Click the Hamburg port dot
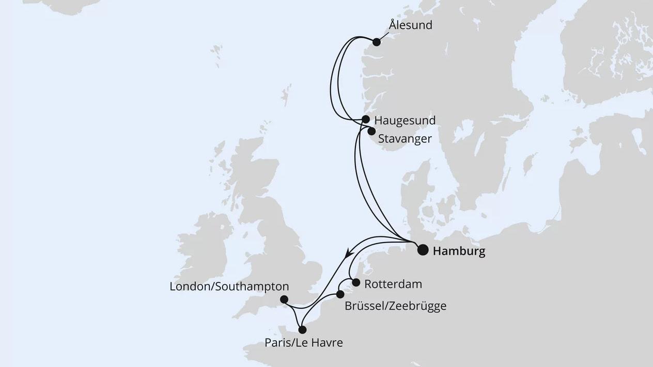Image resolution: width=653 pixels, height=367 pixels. tap(423, 250)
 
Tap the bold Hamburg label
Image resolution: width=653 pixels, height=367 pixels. tap(459, 251)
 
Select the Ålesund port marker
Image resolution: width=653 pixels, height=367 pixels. tap(377, 42)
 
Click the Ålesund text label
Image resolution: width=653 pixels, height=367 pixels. tap(411, 25)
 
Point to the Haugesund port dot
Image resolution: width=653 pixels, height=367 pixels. tap(366, 119)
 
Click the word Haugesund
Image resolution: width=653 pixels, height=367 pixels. tap(405, 120)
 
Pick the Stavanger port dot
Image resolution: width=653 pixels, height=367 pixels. tap(371, 131)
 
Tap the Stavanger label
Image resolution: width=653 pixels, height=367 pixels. tap(405, 139)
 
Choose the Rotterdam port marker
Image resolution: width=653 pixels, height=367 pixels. tap(355, 282)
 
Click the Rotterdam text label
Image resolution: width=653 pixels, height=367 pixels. tap(393, 284)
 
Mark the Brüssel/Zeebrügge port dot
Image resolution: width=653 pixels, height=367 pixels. tap(340, 294)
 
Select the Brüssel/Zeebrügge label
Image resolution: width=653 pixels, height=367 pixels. tap(395, 306)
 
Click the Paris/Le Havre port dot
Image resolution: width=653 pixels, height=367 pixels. tap(302, 329)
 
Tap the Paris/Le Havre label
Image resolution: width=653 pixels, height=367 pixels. tap(303, 342)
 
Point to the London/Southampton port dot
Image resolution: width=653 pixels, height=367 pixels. tap(284, 299)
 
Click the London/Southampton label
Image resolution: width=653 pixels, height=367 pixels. tap(229, 286)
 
